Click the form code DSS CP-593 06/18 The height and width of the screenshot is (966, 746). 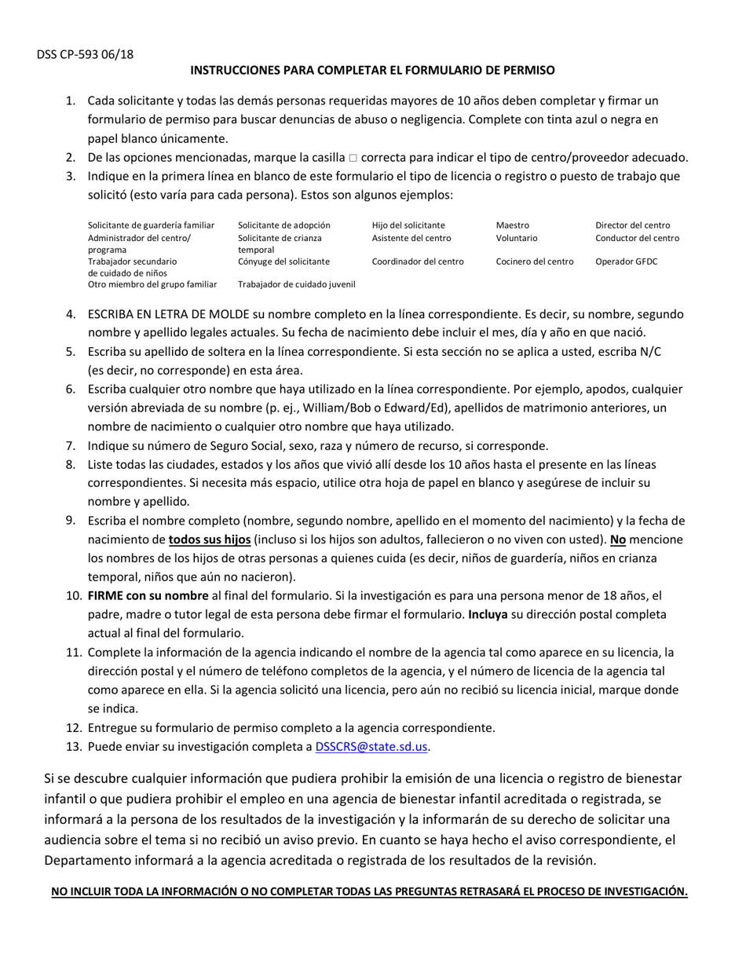click(x=85, y=54)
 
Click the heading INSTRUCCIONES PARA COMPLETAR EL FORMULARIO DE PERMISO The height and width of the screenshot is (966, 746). click(x=372, y=70)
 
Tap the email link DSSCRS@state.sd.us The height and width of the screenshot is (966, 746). click(x=371, y=747)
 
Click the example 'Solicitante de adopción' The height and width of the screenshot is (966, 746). click(x=283, y=225)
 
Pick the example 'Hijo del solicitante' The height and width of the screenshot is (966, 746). click(x=408, y=225)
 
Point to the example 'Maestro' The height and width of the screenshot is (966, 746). click(x=512, y=225)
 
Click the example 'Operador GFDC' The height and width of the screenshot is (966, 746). click(x=626, y=262)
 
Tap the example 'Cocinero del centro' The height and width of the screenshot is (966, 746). click(x=534, y=262)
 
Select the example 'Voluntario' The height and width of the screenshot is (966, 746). click(x=517, y=238)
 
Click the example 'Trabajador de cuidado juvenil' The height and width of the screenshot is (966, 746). click(x=296, y=284)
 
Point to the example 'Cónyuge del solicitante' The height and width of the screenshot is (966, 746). click(x=283, y=262)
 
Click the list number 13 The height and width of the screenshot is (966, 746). click(x=73, y=747)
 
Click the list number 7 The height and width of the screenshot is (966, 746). click(x=71, y=445)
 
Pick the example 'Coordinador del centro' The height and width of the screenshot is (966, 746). click(x=418, y=262)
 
